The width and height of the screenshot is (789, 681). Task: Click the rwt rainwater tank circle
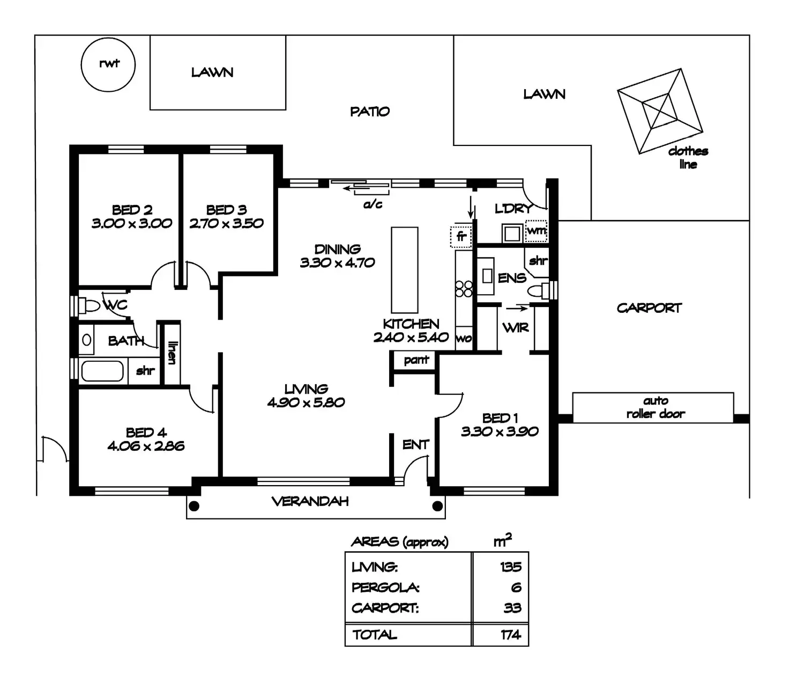pyautogui.click(x=108, y=65)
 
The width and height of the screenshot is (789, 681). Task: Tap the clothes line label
pyautogui.click(x=688, y=157)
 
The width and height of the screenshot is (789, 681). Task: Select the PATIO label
pyautogui.click(x=370, y=112)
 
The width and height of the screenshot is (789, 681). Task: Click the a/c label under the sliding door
pyautogui.click(x=373, y=204)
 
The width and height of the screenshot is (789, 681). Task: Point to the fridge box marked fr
pyautogui.click(x=461, y=237)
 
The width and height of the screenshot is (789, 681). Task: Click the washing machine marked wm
pyautogui.click(x=536, y=231)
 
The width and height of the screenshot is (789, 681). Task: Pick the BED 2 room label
pyautogui.click(x=132, y=210)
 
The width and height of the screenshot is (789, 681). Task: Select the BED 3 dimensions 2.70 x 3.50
pyautogui.click(x=226, y=223)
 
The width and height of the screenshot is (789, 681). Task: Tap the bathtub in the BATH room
pyautogui.click(x=102, y=371)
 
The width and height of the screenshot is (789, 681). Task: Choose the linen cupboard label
pyautogui.click(x=172, y=353)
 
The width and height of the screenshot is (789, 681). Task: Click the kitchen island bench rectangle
pyautogui.click(x=404, y=270)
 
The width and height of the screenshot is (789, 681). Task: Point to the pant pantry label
pyautogui.click(x=416, y=360)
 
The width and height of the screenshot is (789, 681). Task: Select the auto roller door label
pyautogui.click(x=656, y=407)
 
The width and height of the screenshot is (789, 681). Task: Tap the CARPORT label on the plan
pyautogui.click(x=649, y=308)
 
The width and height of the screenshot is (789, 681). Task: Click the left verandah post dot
pyautogui.click(x=195, y=506)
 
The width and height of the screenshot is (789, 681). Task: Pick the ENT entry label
pyautogui.click(x=415, y=444)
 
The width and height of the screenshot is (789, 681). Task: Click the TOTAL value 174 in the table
pyautogui.click(x=511, y=635)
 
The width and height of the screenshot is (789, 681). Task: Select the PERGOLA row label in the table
pyautogui.click(x=385, y=588)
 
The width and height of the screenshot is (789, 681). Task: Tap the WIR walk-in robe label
pyautogui.click(x=516, y=327)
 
